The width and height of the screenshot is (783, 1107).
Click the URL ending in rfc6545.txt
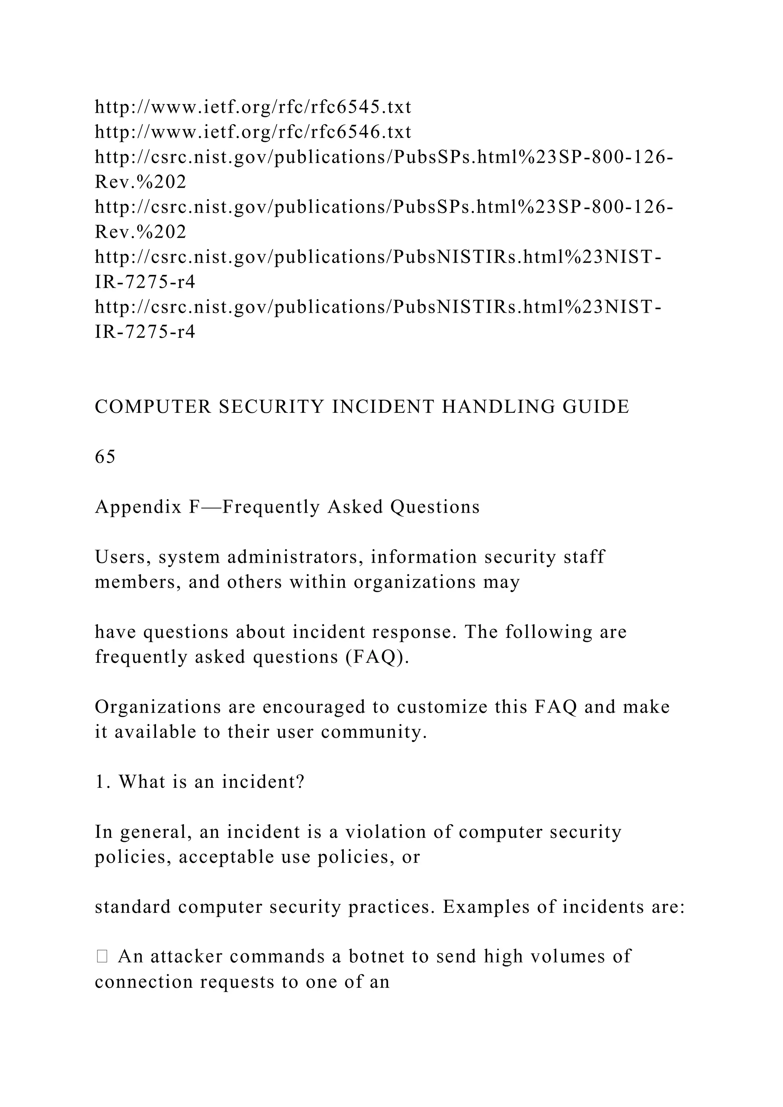[253, 107]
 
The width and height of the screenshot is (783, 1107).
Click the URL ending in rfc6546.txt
[253, 131]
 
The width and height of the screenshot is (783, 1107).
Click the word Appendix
[138, 507]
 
